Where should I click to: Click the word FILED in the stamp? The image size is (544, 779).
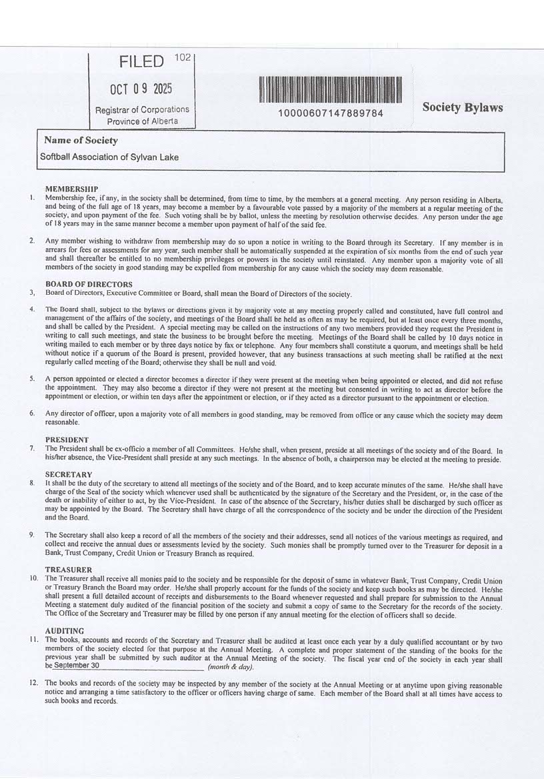[x=141, y=63]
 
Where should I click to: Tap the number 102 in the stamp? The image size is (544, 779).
[x=183, y=57]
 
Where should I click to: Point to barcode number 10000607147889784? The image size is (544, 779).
[x=331, y=113]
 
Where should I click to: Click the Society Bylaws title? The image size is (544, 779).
[x=462, y=107]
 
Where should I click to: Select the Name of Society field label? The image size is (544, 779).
[x=81, y=141]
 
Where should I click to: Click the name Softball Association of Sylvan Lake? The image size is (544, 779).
[x=109, y=157]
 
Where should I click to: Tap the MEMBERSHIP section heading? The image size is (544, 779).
[x=72, y=189]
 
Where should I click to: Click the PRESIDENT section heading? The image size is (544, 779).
[x=67, y=440]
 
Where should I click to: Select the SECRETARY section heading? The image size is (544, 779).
[x=69, y=474]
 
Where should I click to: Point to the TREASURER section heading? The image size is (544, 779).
[x=69, y=570]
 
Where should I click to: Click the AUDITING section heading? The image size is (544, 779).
[x=65, y=630]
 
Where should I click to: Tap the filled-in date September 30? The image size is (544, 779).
[x=77, y=666]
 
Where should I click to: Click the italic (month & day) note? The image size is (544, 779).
[x=231, y=666]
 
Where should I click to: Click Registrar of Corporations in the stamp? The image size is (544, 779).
[x=143, y=109]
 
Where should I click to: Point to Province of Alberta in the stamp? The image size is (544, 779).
[x=142, y=121]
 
